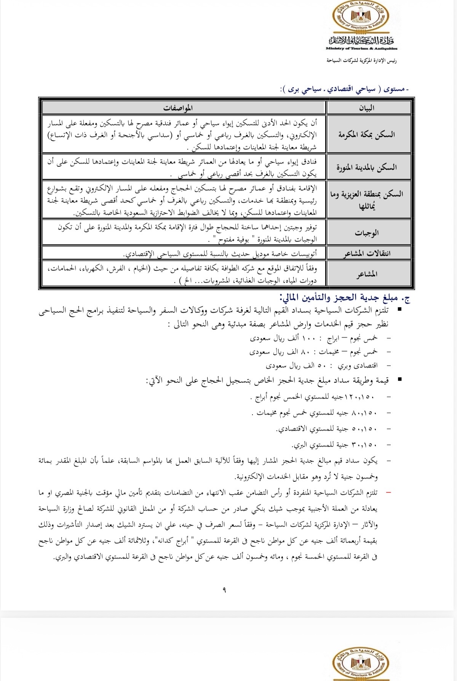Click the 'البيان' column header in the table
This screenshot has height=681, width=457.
pos(369,108)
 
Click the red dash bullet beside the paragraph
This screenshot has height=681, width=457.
pos(388,493)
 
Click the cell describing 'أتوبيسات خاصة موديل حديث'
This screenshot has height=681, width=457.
pos(221,254)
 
